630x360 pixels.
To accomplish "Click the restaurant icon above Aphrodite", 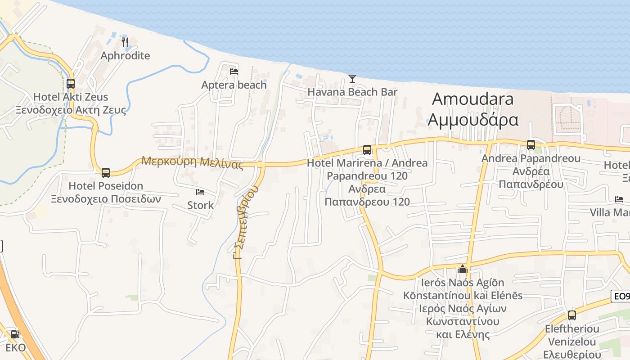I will click(125, 42).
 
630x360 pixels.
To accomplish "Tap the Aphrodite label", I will click(125, 56).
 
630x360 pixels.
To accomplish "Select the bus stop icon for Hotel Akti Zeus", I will click(71, 83).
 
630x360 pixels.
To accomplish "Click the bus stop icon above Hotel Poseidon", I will click(106, 172).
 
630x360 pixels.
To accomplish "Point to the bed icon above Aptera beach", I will click(234, 71).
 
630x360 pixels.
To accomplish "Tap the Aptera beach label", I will click(234, 85).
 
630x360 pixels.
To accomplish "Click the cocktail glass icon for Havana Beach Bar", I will click(352, 79).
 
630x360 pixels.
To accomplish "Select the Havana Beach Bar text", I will click(352, 92).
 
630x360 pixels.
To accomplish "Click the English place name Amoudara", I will click(473, 99).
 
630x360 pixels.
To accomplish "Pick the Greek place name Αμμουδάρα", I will click(473, 120).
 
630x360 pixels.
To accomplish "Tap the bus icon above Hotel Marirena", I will click(367, 149).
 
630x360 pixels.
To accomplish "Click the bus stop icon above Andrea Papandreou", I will click(531, 144).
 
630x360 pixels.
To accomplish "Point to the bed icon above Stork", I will click(201, 192).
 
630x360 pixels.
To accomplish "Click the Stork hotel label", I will click(201, 205).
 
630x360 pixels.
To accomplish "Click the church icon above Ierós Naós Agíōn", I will click(462, 270).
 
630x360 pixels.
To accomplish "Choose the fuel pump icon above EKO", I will click(15, 334).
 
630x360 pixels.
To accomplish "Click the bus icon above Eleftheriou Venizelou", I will click(572, 315).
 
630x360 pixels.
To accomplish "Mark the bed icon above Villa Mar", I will click(620, 199).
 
